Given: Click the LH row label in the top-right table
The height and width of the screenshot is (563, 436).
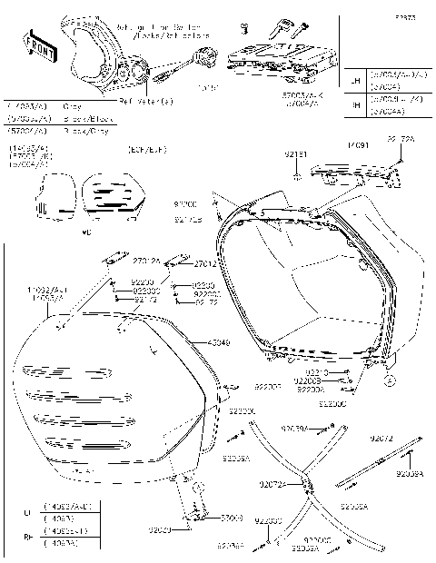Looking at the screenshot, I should (x=354, y=81).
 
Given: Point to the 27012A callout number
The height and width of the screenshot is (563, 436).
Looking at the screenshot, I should (x=146, y=262).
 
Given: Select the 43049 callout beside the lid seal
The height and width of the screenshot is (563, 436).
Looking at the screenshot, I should (x=219, y=342).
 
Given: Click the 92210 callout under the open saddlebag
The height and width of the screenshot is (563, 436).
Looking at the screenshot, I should (x=316, y=373).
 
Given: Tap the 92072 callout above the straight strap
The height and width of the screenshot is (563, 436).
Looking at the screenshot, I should (x=381, y=438).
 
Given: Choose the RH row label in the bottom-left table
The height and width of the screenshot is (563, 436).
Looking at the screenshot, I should (x=26, y=536).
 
